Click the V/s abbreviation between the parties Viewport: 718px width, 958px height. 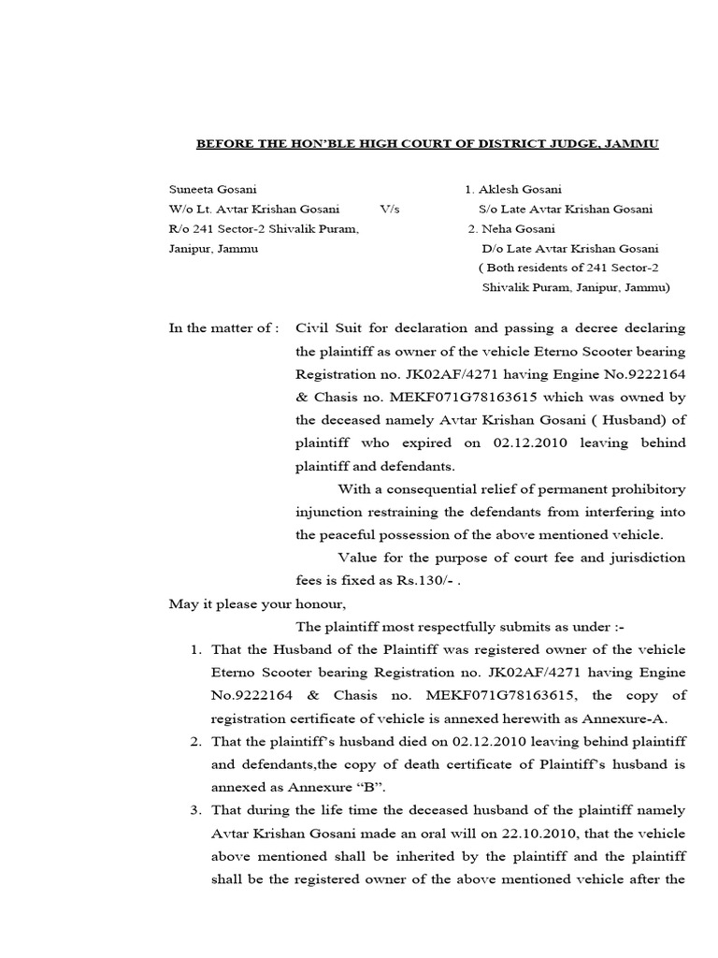pos(390,210)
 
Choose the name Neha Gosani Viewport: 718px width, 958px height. pos(524,229)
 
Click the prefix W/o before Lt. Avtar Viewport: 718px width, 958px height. pos(180,210)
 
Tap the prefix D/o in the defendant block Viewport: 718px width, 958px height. pos(493,249)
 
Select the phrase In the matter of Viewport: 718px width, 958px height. pos(223,328)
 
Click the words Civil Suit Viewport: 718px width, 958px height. pos(328,328)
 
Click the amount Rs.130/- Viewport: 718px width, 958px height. pos(428,580)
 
